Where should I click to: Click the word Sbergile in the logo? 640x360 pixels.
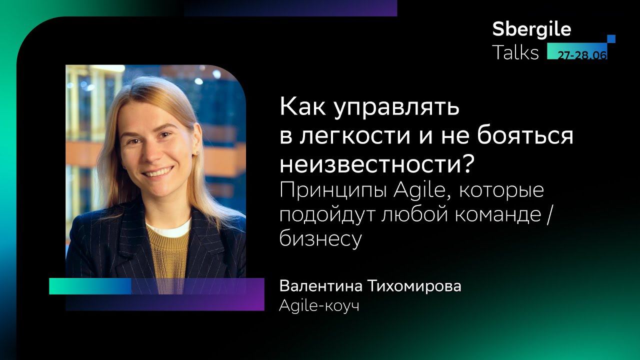point(531,29)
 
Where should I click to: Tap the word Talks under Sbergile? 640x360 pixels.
point(515,52)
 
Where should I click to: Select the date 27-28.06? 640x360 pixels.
point(582,55)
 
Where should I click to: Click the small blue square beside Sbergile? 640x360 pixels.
point(611,39)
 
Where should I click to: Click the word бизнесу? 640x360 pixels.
point(320,239)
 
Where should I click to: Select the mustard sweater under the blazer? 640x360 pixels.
point(167,250)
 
